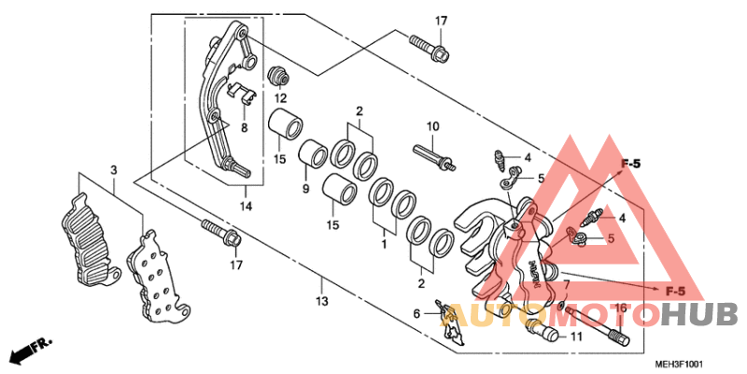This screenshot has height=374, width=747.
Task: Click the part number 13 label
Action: (320, 301)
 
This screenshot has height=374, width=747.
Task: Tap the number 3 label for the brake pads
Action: (113, 170)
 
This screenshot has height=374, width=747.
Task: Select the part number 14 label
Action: (246, 205)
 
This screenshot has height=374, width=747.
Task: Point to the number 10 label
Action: (432, 126)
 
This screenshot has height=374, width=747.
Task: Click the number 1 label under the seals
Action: (381, 243)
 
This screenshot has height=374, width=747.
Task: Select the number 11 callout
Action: (576, 335)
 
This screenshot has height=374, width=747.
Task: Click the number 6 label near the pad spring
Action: (416, 315)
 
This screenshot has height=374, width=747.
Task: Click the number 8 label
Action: (244, 128)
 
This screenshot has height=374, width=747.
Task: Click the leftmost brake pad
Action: (90, 239)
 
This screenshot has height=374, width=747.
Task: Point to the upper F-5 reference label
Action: (631, 165)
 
